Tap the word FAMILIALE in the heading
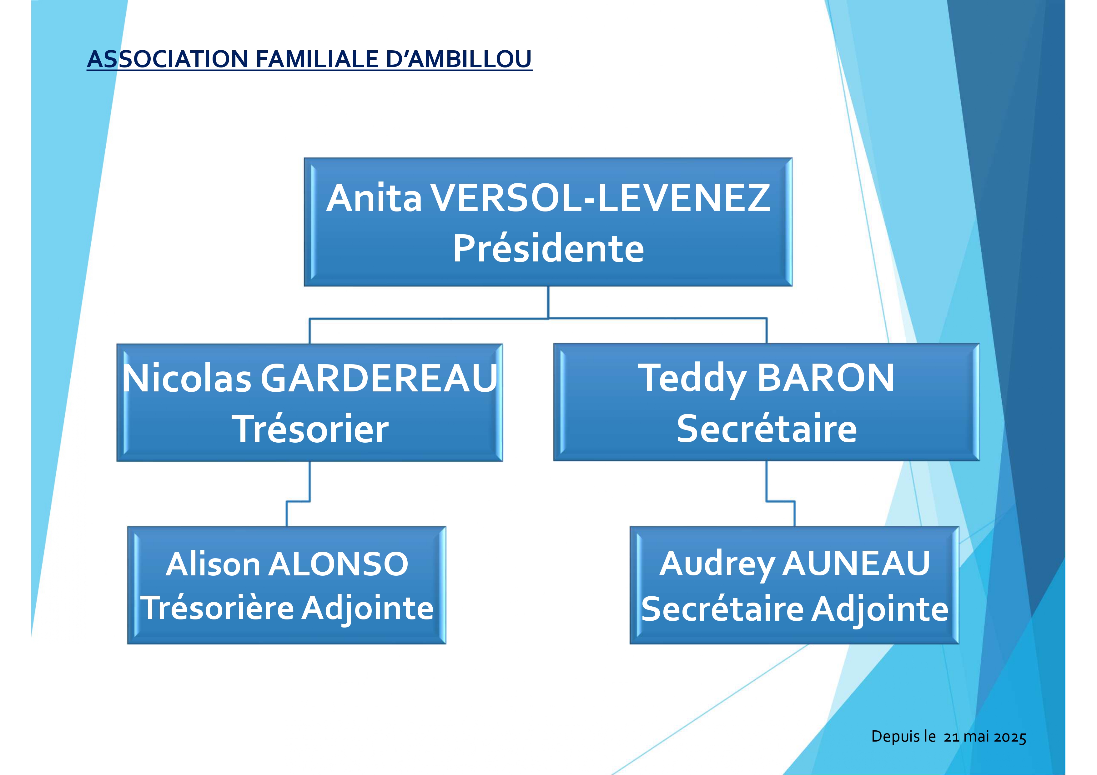pyautogui.click(x=318, y=59)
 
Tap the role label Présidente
pyautogui.click(x=548, y=248)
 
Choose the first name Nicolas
pyautogui.click(x=187, y=378)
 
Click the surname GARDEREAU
pyautogui.click(x=379, y=378)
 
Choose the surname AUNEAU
pyautogui.click(x=856, y=564)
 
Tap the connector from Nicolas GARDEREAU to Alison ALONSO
pyautogui.click(x=298, y=501)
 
